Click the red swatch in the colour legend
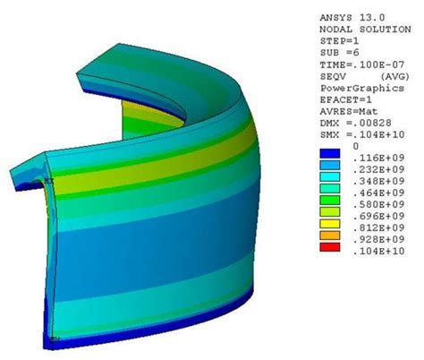pyautogui.click(x=330, y=247)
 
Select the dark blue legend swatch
pyautogui.click(x=330, y=153)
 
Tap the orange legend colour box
pyautogui.click(x=330, y=236)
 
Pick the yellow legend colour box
pyautogui.click(x=330, y=224)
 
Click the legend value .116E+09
pyautogui.click(x=378, y=158)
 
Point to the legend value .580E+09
pyautogui.click(x=378, y=204)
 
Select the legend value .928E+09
pyautogui.click(x=378, y=239)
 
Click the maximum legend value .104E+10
pyautogui.click(x=378, y=251)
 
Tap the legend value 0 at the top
pyautogui.click(x=355, y=146)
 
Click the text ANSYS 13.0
pyautogui.click(x=352, y=18)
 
